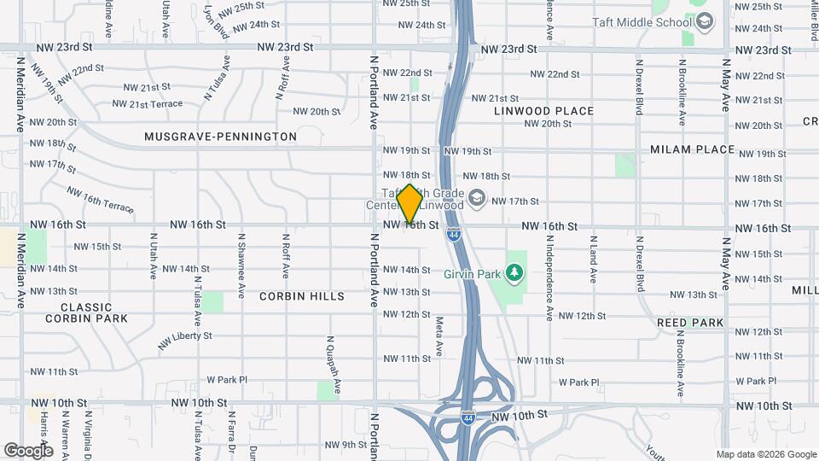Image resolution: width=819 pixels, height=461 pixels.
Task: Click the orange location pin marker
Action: [x=409, y=203]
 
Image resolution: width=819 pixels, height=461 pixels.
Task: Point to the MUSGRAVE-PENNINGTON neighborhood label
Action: [x=220, y=137]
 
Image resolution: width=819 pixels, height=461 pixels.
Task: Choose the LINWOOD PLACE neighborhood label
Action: [x=543, y=111]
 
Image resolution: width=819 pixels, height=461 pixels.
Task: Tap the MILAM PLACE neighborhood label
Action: [x=692, y=149]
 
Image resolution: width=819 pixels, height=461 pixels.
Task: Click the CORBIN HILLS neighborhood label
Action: [x=303, y=296]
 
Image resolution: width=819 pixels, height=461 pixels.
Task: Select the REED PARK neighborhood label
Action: [x=690, y=323]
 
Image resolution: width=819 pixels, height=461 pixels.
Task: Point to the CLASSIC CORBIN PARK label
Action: [x=86, y=312]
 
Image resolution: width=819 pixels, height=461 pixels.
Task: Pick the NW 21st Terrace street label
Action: [x=147, y=104]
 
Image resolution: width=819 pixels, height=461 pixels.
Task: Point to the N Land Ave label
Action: [x=592, y=264]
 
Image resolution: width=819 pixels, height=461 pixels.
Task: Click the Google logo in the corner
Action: [x=28, y=450]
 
